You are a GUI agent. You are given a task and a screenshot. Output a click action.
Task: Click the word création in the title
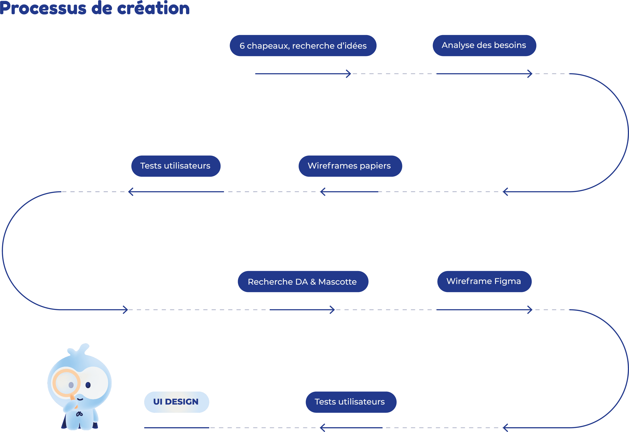pyautogui.click(x=153, y=8)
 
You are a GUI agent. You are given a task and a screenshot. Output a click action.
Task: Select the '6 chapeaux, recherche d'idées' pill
pyautogui.click(x=303, y=46)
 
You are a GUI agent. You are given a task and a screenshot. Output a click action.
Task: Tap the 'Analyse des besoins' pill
pyautogui.click(x=484, y=45)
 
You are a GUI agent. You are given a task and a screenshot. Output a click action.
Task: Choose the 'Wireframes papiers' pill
pyautogui.click(x=350, y=166)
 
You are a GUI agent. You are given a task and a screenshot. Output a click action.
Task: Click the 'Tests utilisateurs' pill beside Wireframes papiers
pyautogui.click(x=176, y=166)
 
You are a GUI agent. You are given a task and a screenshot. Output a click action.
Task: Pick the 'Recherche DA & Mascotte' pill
pyautogui.click(x=303, y=281)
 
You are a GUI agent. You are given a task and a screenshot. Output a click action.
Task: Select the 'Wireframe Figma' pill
pyautogui.click(x=484, y=281)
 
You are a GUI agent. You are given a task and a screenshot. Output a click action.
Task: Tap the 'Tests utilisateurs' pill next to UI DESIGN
pyautogui.click(x=351, y=402)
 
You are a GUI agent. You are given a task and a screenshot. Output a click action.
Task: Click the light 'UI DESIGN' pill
pyautogui.click(x=177, y=402)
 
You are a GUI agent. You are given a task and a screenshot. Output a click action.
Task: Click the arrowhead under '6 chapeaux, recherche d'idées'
pyautogui.click(x=349, y=74)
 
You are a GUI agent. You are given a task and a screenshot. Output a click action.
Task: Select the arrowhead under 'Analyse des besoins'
pyautogui.click(x=530, y=74)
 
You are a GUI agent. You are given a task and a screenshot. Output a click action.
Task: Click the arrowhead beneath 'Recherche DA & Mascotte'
pyautogui.click(x=333, y=310)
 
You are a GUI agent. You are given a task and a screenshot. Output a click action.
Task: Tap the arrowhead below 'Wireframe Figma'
pyautogui.click(x=530, y=310)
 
